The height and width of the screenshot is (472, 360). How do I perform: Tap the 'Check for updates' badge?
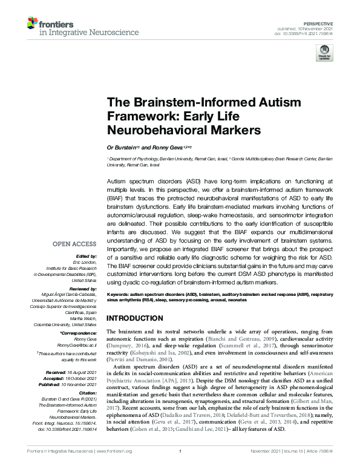point(324,54)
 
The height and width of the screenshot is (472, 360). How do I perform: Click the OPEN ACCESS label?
point(74,244)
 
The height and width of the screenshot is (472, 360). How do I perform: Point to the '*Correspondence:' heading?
point(78,334)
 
